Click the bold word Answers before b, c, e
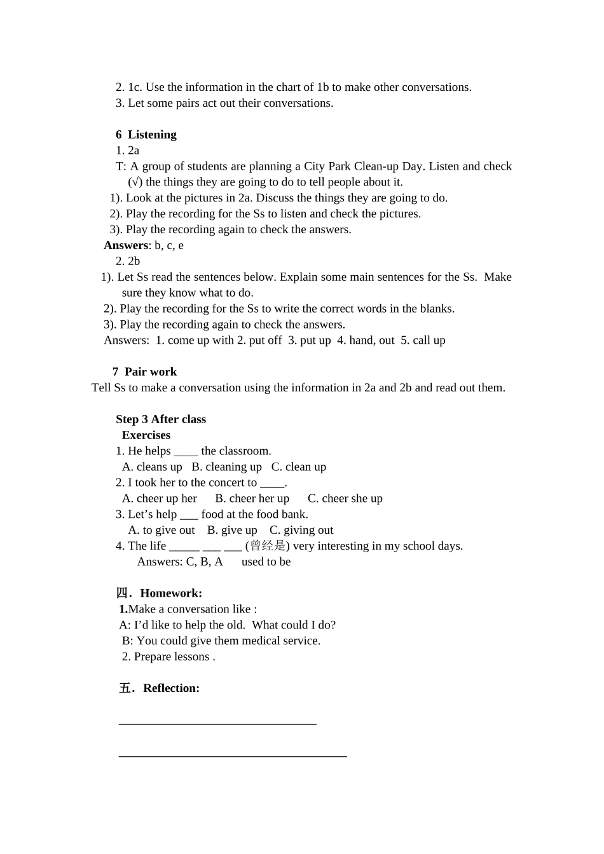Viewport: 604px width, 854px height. [126, 245]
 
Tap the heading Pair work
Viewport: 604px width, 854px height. [151, 372]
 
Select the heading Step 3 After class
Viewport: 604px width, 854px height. [161, 419]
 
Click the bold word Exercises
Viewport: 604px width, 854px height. [146, 435]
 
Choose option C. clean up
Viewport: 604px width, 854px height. [299, 467]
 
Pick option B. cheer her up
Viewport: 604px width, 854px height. [252, 499]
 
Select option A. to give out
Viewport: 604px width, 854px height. [161, 530]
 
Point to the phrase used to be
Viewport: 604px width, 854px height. [266, 562]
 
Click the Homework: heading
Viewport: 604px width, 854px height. [171, 593]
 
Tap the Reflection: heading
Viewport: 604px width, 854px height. [171, 688]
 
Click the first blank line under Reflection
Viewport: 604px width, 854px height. [217, 723]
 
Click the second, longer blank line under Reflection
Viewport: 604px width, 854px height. [233, 756]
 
